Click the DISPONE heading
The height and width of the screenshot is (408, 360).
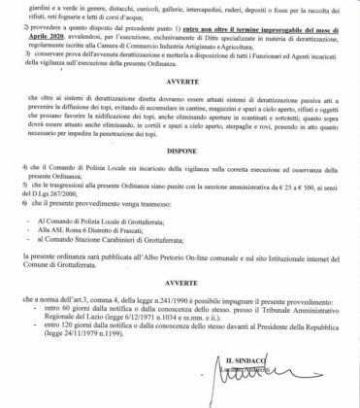pos(180,163)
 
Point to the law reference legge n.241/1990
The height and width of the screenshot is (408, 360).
pos(164,319)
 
